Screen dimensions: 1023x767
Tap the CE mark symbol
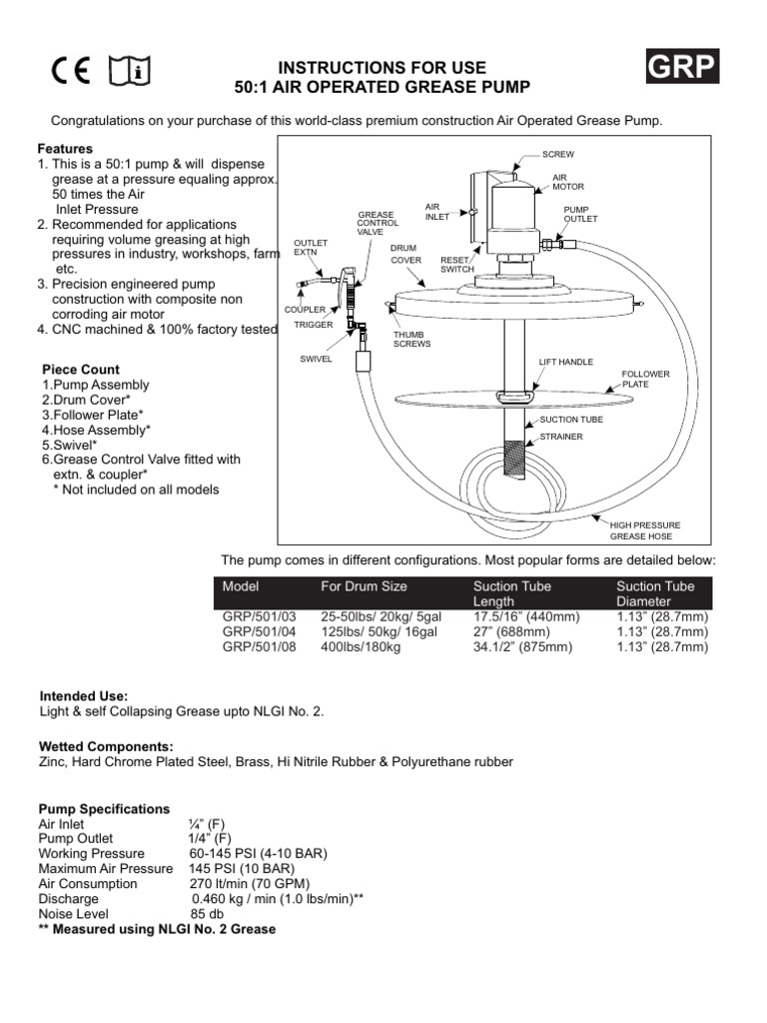pyautogui.click(x=71, y=71)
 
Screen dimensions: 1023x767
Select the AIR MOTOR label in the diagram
pyautogui.click(x=568, y=181)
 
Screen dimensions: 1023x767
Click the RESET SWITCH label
pyautogui.click(x=455, y=265)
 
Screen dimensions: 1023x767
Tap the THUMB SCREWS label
pyautogui.click(x=411, y=340)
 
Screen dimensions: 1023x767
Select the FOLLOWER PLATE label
pyautogui.click(x=646, y=378)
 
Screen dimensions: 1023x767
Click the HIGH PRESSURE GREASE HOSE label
pyautogui.click(x=645, y=529)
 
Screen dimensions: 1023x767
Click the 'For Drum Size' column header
pyautogui.click(x=364, y=586)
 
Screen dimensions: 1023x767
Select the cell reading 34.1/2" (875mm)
pyautogui.click(x=523, y=647)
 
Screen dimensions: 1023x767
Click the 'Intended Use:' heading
pyautogui.click(x=83, y=695)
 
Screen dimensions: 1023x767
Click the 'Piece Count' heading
pyautogui.click(x=81, y=370)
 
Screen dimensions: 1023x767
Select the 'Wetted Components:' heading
pyautogui.click(x=106, y=746)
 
